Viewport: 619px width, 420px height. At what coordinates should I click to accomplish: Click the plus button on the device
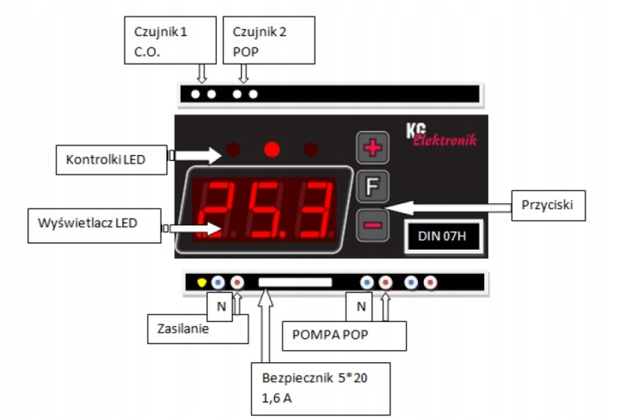[x=373, y=149]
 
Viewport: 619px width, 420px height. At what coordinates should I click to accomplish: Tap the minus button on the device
[x=373, y=225]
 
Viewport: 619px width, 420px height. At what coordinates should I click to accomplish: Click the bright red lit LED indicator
[x=272, y=150]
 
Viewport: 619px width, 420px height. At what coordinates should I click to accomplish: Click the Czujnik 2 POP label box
[x=268, y=40]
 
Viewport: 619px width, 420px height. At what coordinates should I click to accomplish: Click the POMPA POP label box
[x=343, y=334]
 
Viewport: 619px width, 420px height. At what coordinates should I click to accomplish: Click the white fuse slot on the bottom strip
[x=295, y=281]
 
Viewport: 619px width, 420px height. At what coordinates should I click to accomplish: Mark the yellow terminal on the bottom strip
[x=201, y=281]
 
